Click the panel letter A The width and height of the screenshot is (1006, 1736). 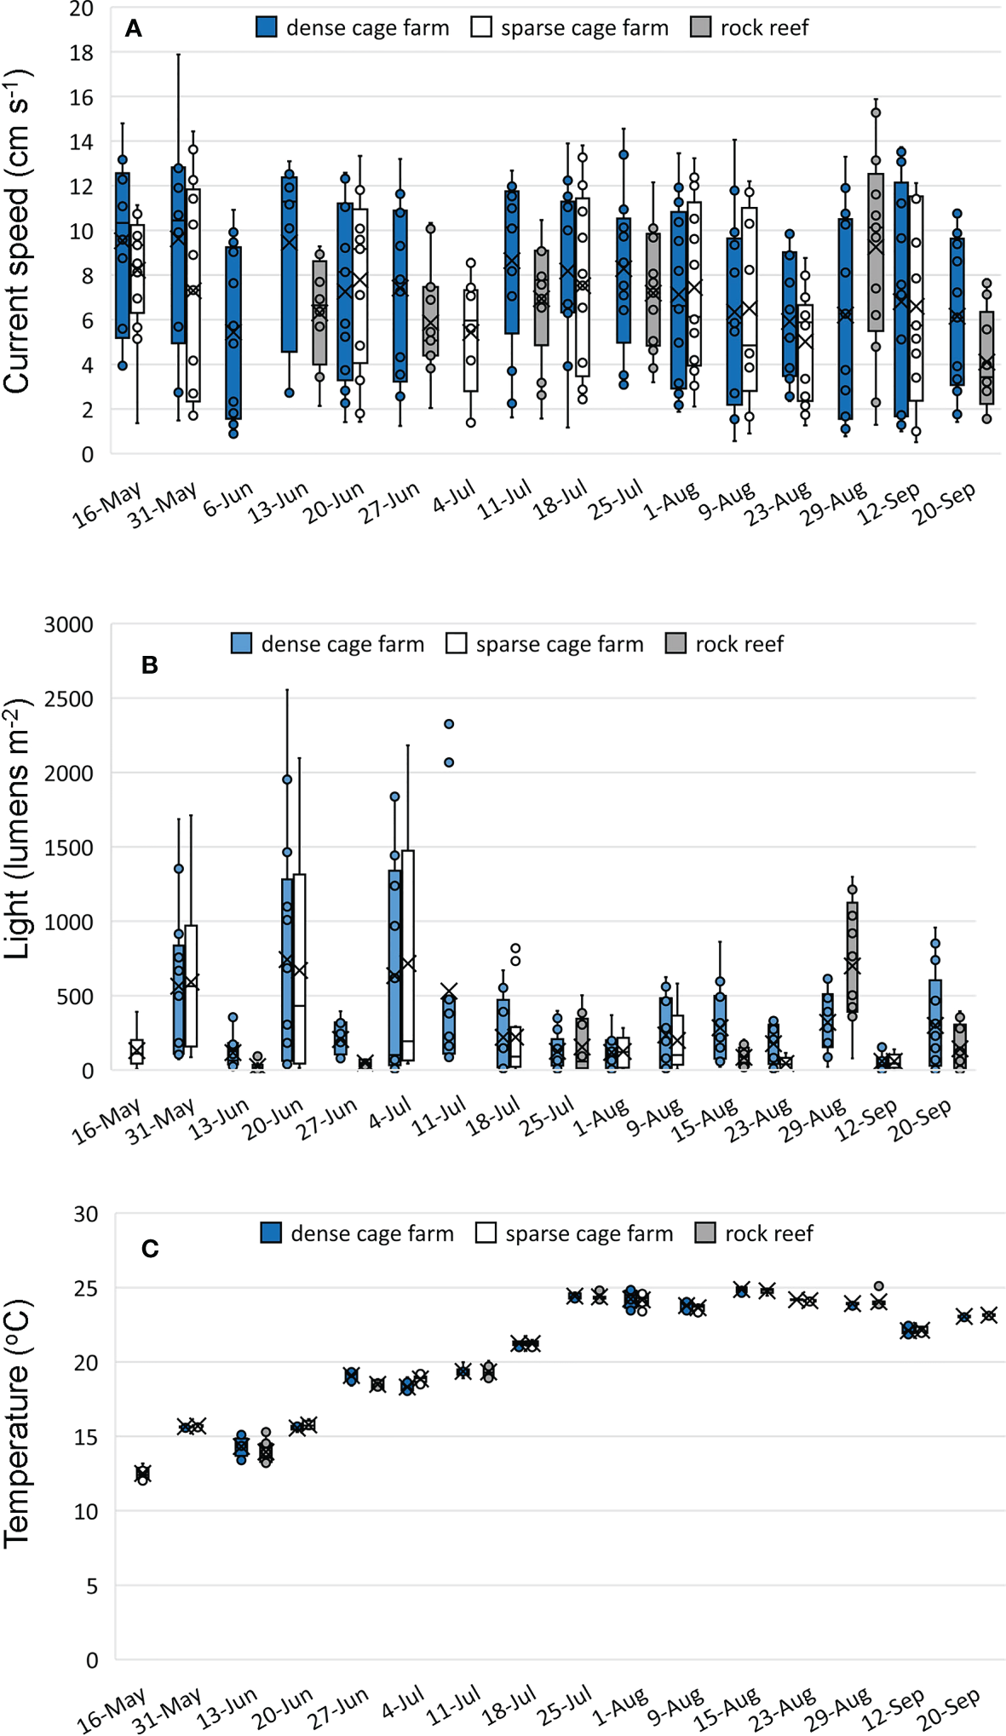click(x=133, y=29)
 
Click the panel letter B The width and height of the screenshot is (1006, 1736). click(x=149, y=665)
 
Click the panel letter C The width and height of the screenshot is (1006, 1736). click(x=150, y=1249)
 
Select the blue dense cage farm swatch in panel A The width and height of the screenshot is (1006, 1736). click(x=267, y=27)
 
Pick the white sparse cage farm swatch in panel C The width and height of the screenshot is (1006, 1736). click(x=486, y=1233)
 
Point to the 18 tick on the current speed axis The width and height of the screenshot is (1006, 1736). click(x=82, y=53)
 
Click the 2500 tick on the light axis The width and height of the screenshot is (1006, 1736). click(x=69, y=699)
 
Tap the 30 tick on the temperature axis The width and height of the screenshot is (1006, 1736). click(x=86, y=1214)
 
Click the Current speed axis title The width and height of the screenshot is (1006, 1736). click(x=17, y=232)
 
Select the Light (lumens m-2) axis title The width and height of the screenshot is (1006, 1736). click(x=17, y=829)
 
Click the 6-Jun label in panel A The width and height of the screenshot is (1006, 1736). click(x=227, y=499)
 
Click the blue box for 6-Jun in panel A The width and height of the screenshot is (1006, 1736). click(x=233, y=332)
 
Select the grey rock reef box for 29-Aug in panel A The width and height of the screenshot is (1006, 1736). click(x=876, y=252)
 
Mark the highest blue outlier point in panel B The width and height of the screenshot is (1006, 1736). click(x=449, y=724)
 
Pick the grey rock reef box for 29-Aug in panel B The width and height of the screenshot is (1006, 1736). click(x=852, y=957)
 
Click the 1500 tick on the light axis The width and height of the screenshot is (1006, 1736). click(x=69, y=848)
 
